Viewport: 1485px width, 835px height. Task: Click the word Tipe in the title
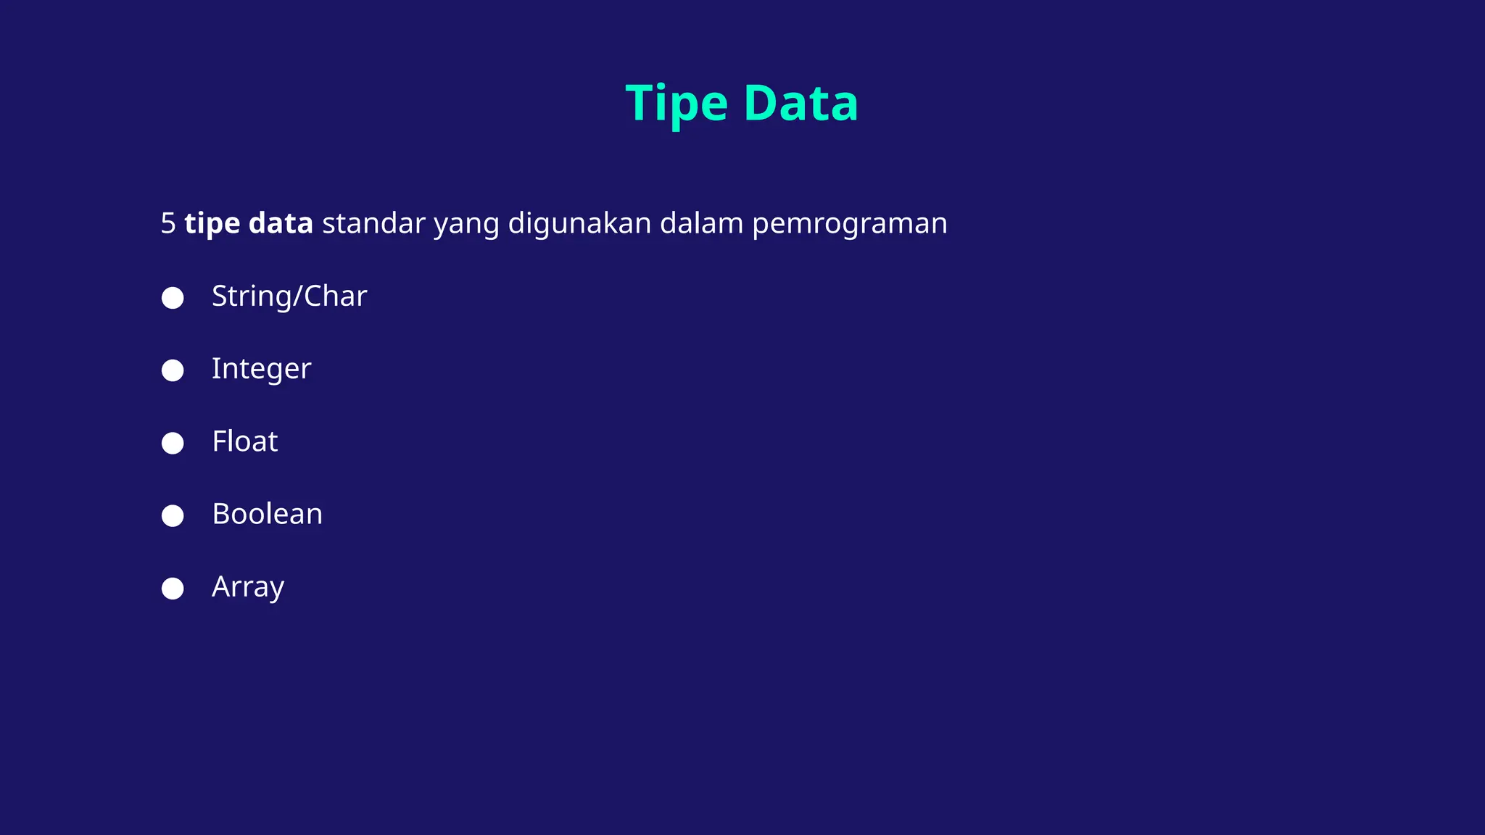point(677,104)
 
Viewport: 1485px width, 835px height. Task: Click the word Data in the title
point(801,104)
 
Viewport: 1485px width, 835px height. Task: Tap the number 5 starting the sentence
point(168,224)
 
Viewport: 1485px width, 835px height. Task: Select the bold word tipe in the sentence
point(212,224)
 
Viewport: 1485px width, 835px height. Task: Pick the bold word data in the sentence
point(281,223)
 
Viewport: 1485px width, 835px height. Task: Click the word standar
point(373,223)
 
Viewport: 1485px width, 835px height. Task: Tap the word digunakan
point(579,224)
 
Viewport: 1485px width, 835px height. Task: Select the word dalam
point(701,223)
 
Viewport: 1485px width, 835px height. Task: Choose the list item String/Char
point(289,296)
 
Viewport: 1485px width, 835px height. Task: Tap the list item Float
point(245,441)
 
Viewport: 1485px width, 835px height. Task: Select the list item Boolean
point(267,514)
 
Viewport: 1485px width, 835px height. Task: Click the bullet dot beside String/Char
point(173,298)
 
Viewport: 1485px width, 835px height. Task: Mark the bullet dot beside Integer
point(173,370)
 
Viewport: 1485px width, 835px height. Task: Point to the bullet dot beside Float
point(173,443)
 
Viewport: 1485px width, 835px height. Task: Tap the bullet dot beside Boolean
point(173,515)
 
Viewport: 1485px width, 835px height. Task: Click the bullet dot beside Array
point(173,588)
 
